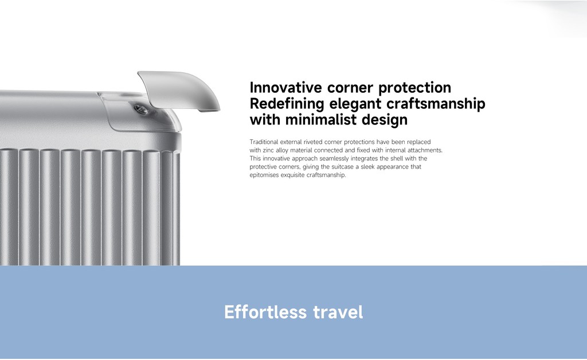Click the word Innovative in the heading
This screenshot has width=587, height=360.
click(x=285, y=88)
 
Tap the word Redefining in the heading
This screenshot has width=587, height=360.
click(x=287, y=104)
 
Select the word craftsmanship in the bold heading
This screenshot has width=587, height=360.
click(x=436, y=104)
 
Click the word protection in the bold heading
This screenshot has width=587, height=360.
click(x=415, y=88)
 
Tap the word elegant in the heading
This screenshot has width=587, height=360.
click(x=355, y=104)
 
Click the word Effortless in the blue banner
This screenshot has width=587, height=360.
click(x=265, y=312)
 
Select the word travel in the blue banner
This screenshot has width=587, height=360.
click(x=338, y=312)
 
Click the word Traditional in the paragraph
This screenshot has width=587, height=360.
click(x=264, y=142)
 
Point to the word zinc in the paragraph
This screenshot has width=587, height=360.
click(x=268, y=150)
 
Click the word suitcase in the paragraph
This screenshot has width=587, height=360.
click(x=343, y=167)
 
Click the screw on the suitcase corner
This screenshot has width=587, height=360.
click(x=140, y=109)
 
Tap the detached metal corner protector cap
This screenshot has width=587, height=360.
click(x=179, y=90)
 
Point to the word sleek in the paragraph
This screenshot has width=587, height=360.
click(x=367, y=166)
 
